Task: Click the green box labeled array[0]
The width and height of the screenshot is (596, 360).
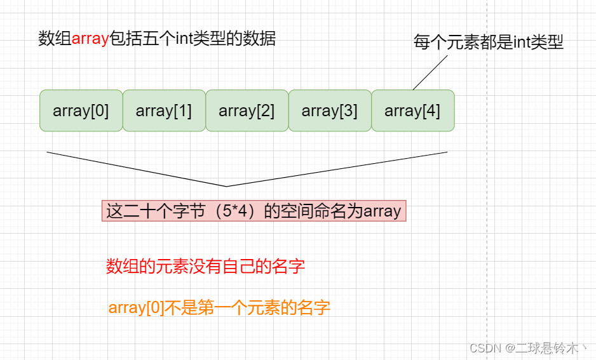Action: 81,111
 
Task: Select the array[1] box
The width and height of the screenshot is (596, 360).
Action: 164,111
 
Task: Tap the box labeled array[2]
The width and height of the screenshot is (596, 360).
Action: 247,111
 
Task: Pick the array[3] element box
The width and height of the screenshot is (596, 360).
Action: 330,111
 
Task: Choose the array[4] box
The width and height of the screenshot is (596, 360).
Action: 413,111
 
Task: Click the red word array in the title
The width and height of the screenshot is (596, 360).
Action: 90,39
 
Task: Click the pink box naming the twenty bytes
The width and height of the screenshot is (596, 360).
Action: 254,211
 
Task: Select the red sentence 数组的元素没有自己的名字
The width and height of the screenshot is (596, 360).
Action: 205,266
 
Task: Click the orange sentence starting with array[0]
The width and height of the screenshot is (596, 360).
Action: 219,308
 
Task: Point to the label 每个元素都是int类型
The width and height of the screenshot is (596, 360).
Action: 489,43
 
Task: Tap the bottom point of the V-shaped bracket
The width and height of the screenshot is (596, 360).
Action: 227,186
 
